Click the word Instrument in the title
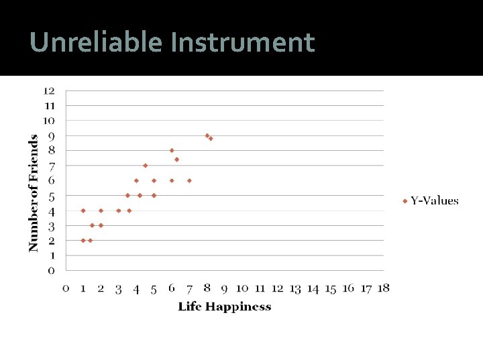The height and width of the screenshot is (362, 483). pos(242,42)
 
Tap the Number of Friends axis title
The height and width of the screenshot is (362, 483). pos(33,193)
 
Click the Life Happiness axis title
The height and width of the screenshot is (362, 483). pos(225,306)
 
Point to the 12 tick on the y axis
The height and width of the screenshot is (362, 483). pos(50,90)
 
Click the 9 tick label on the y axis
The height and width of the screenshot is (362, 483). pos(51,135)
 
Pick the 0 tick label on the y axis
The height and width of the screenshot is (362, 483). pos(51,270)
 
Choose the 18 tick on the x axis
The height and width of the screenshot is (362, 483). pos(383,288)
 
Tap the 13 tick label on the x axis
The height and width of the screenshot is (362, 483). pos(295,288)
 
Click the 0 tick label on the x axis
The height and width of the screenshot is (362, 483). pos(66,288)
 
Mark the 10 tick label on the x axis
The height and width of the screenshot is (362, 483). pos(242,288)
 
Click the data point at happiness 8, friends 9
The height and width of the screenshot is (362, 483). pos(207,135)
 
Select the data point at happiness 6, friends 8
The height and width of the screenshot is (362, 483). pos(172,150)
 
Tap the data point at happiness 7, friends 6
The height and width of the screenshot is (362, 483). pos(189,180)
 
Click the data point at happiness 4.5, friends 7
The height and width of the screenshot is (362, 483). pos(145,165)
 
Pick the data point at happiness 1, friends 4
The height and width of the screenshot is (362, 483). pos(83,210)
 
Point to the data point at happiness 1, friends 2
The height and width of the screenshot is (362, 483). pos(83,240)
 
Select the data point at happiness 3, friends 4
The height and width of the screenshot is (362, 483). pos(119,210)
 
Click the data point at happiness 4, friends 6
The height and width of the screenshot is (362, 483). pos(136,180)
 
